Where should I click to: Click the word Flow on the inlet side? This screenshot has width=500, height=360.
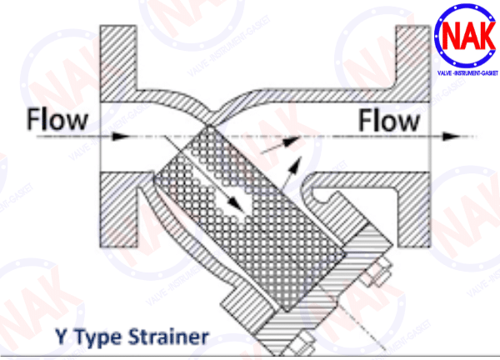57,119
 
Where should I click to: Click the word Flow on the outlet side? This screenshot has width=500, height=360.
388,121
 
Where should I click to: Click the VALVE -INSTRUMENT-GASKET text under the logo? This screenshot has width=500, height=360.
467,73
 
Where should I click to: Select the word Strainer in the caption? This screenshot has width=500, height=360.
168,337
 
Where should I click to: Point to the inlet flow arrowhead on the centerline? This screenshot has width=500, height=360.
122,137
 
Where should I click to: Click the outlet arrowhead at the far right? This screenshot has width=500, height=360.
451,137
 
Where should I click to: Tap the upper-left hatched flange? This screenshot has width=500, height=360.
118,64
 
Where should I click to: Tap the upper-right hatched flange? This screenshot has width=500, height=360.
413,64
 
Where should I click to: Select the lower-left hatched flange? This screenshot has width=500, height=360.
118,210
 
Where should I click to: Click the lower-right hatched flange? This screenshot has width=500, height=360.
414,210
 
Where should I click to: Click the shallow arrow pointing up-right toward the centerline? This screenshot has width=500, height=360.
280,145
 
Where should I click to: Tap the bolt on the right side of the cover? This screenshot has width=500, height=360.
377,272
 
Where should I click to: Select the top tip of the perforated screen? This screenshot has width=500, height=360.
209,126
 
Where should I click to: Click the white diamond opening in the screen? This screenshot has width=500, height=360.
235,204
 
